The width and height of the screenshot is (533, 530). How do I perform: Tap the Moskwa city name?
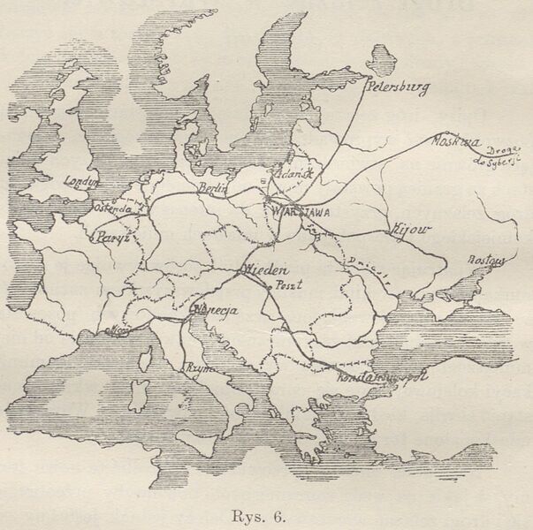click(x=456, y=141)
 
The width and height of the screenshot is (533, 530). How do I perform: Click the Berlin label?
click(x=213, y=188)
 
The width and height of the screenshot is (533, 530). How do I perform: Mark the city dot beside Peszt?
click(x=271, y=288)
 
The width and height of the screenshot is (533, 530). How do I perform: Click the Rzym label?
click(x=197, y=367)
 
